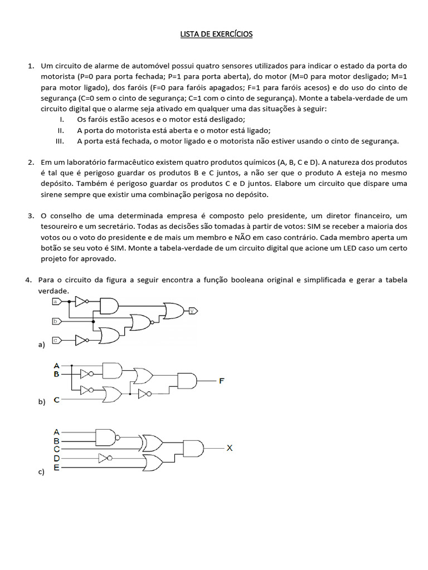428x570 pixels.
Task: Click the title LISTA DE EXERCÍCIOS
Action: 216,35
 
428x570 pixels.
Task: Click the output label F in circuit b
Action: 222,381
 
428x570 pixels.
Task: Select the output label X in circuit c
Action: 230,448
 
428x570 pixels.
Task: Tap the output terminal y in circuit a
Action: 193,311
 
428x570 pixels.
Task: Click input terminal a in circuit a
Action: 56,301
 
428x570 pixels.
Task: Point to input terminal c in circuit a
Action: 56,340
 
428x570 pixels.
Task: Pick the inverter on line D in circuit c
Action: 104,458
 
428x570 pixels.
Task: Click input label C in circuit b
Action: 56,400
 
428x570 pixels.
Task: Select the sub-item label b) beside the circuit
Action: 41,401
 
